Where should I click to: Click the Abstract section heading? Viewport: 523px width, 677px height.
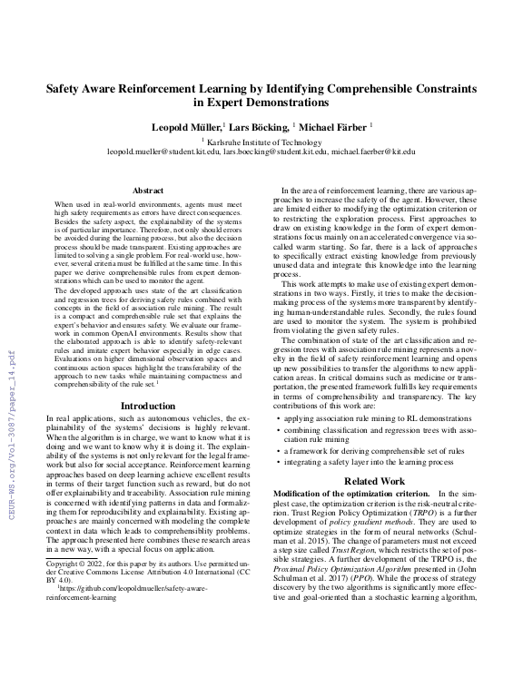(x=148, y=191)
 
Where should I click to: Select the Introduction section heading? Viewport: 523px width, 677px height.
(x=148, y=406)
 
